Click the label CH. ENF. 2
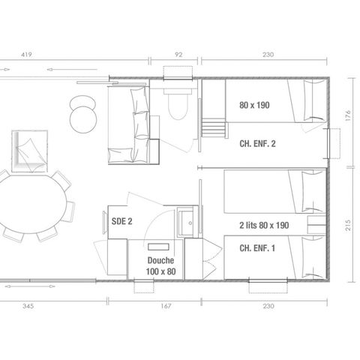click(258, 144)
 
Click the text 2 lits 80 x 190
click(265, 224)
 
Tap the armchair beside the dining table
click(28, 150)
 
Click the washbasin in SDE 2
click(186, 223)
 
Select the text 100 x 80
click(160, 271)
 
